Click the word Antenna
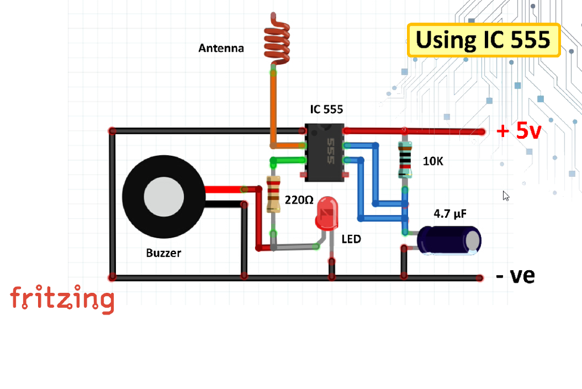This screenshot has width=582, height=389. coord(221,48)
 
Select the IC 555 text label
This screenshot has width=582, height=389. coord(326,109)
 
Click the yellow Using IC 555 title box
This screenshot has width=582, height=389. coord(484,40)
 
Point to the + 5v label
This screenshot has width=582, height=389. coord(519,131)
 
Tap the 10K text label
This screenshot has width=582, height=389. coord(433,161)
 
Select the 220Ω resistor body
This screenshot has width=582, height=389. coord(273,194)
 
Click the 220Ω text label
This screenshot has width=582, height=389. coord(298,200)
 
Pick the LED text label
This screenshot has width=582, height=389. coord(351,239)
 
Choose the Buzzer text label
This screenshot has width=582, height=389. coord(164,253)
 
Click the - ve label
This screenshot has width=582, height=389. coord(515,276)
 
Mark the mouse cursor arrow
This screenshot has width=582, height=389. coord(506,196)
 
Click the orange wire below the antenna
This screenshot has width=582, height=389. coord(273,108)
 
